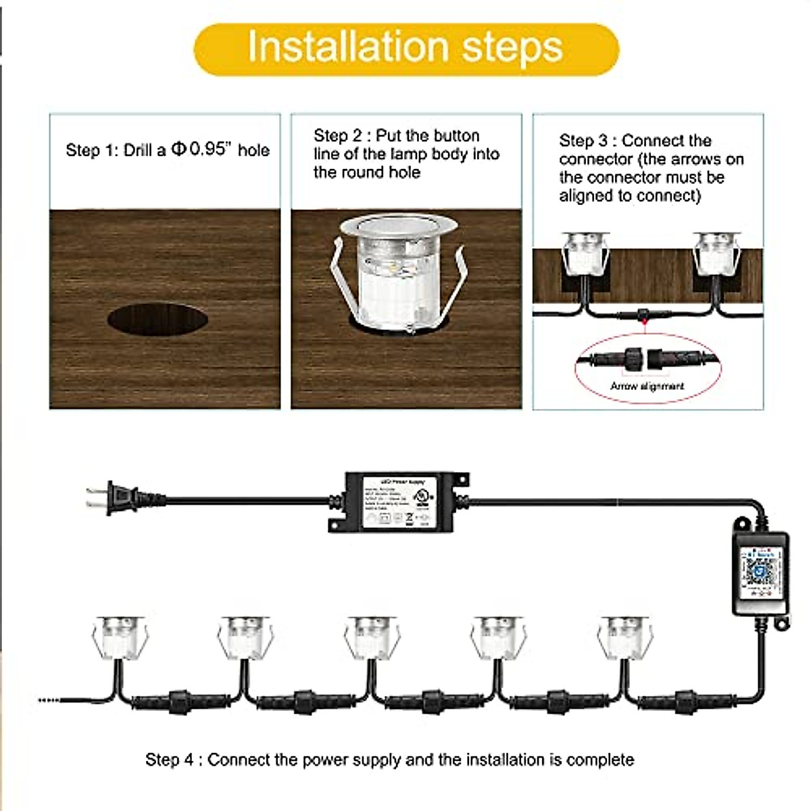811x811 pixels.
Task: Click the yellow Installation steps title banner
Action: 405,49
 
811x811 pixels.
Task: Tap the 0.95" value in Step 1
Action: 207,149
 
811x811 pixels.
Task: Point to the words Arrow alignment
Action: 647,386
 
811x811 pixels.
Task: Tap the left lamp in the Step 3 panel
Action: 585,253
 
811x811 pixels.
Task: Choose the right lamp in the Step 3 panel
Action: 715,253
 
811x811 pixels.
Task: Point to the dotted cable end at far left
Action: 49,701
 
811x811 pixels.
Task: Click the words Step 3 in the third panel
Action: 583,141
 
